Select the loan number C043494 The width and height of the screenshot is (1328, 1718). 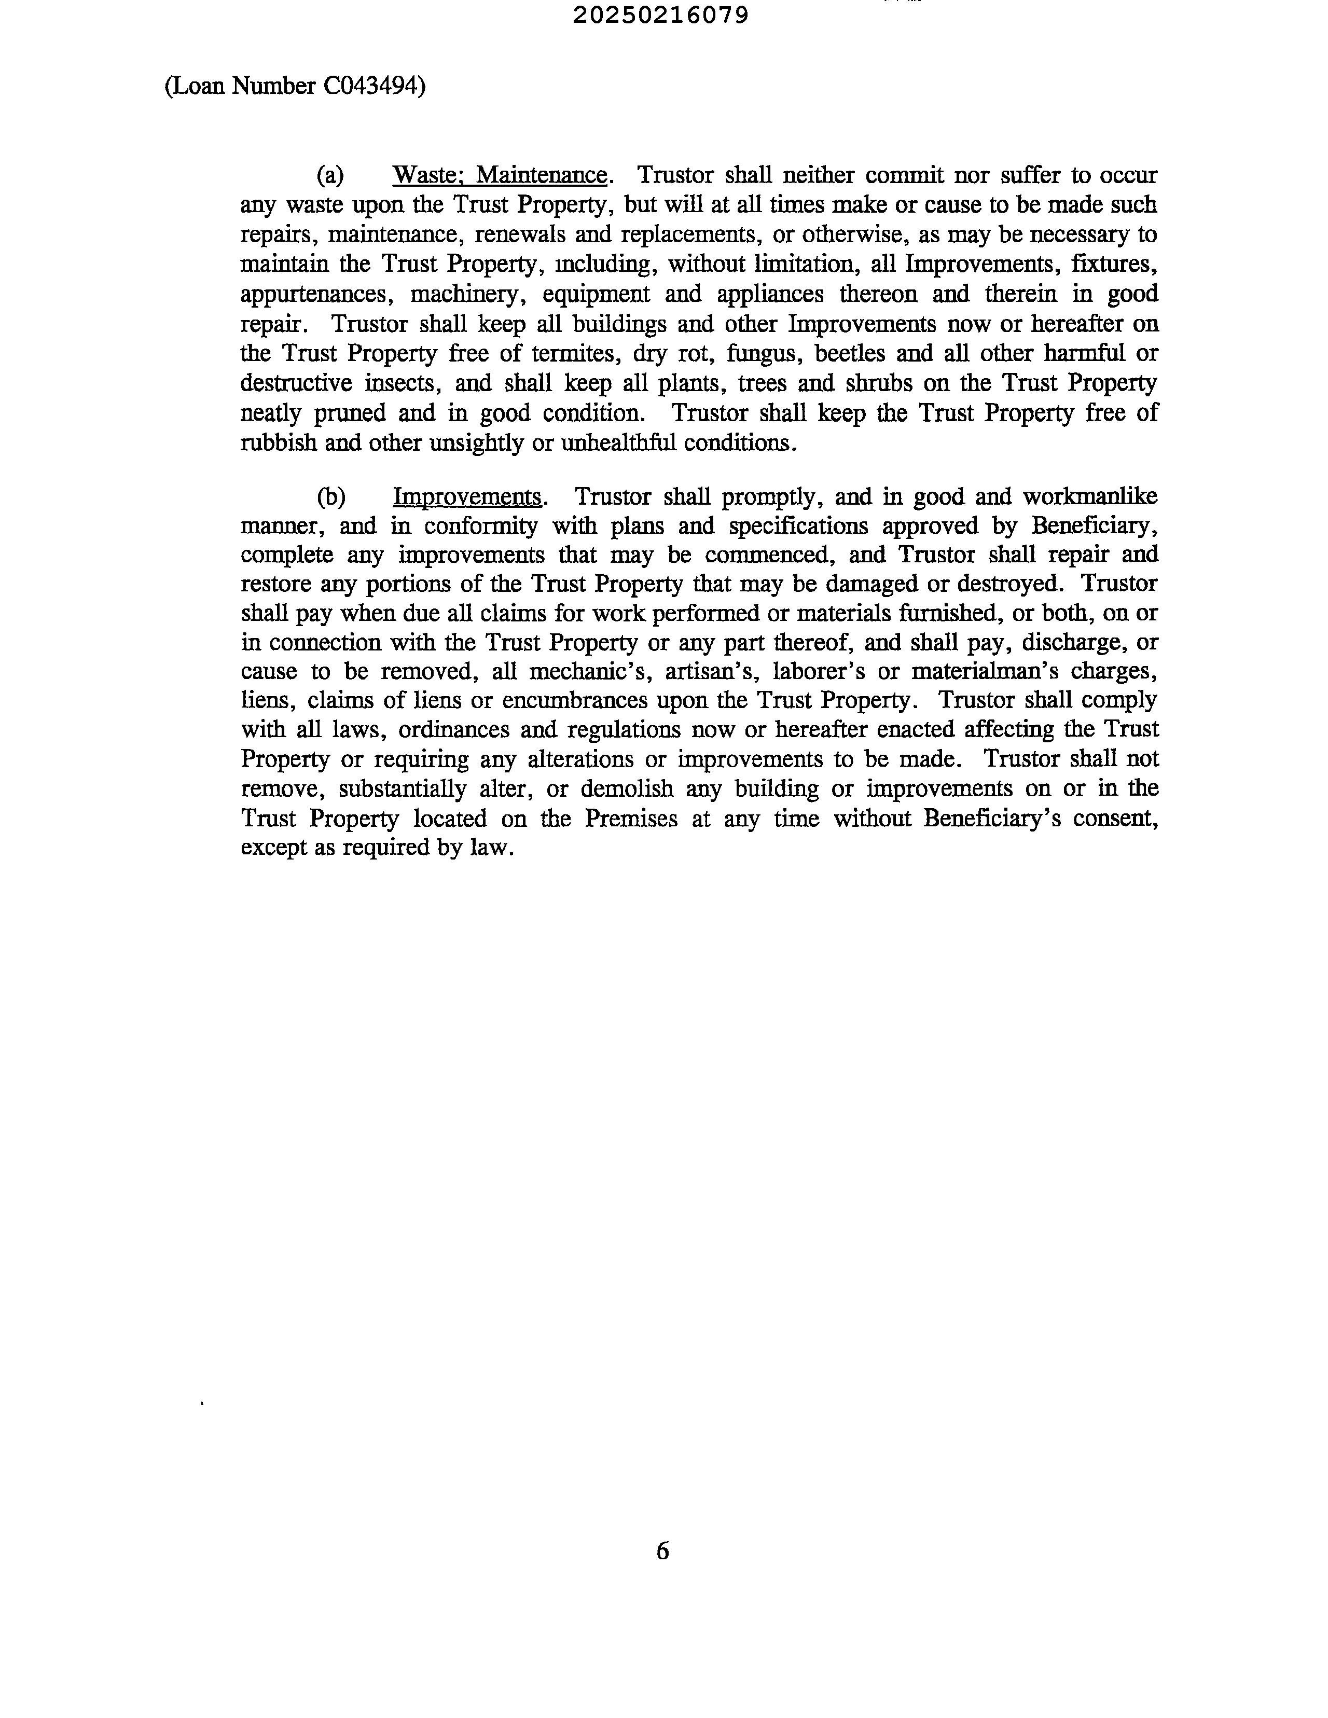coord(369,86)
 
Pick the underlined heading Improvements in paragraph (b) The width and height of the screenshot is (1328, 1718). coord(466,497)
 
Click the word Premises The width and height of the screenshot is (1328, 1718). coord(630,819)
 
